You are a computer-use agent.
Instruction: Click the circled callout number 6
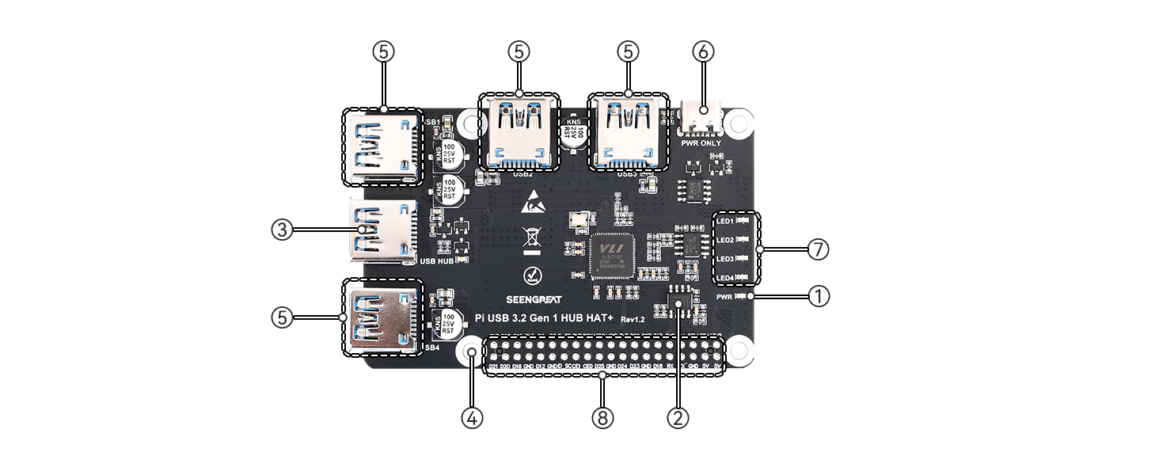(x=703, y=51)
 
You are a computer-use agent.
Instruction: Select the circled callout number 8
(x=602, y=417)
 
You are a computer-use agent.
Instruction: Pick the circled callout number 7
(x=819, y=249)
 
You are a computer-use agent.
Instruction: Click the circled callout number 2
(x=677, y=417)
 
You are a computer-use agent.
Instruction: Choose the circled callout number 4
(x=472, y=417)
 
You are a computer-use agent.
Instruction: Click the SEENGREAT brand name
(x=534, y=300)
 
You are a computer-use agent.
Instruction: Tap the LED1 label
(x=725, y=221)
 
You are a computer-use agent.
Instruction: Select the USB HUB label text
(x=436, y=260)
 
